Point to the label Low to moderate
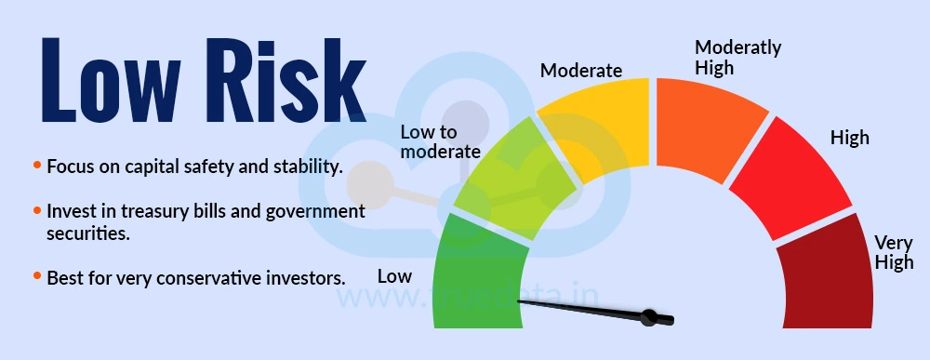(x=440, y=141)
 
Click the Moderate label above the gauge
(x=581, y=71)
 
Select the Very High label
(x=894, y=253)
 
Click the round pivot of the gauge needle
(x=652, y=317)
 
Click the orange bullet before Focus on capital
(x=37, y=166)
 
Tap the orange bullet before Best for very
(x=37, y=276)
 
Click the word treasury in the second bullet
(x=139, y=212)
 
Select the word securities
(x=85, y=233)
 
